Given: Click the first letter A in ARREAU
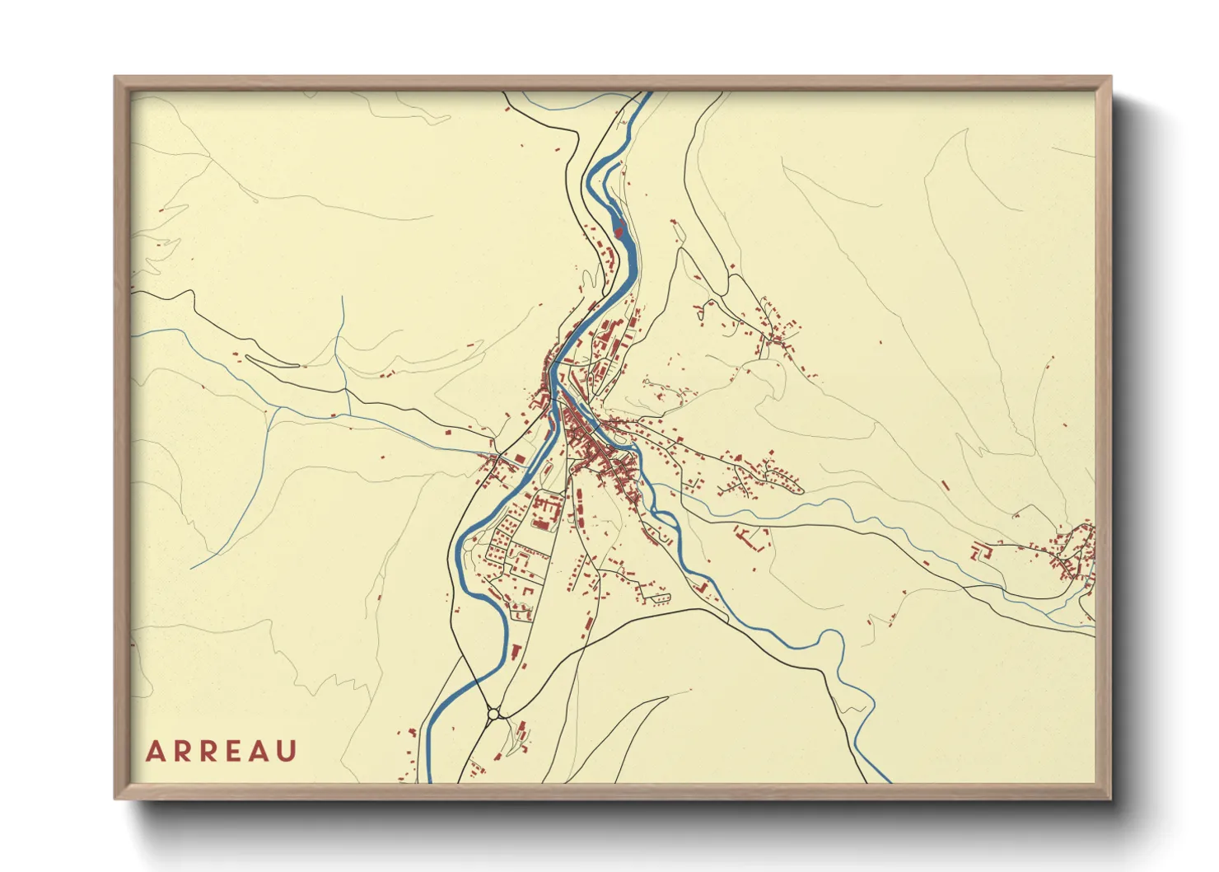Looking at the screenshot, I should [155, 752].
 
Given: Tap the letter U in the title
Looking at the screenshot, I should [287, 752].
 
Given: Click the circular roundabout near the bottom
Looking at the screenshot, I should [494, 714].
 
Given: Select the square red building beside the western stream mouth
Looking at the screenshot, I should [519, 460].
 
